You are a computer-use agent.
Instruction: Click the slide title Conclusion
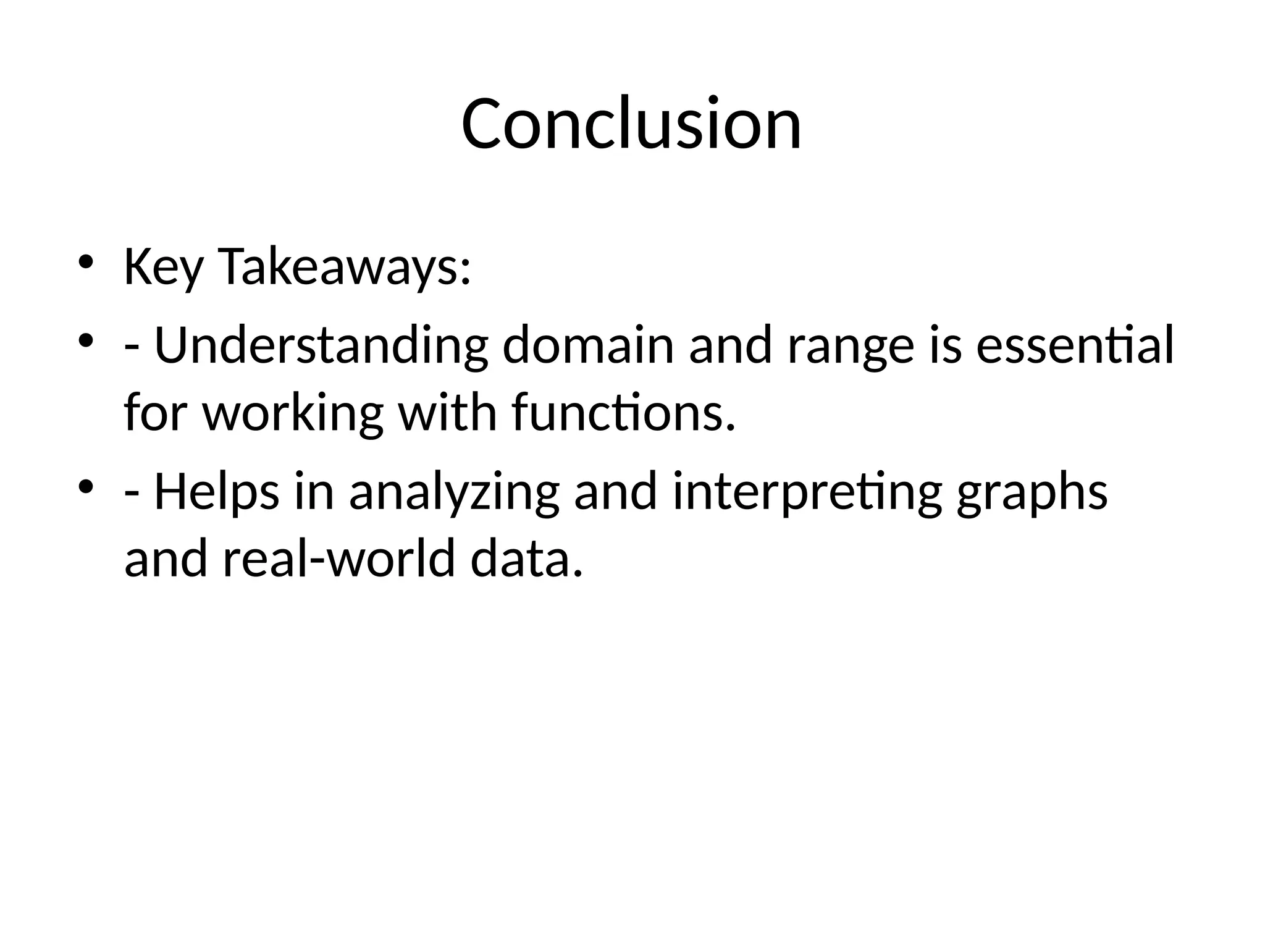pyautogui.click(x=631, y=124)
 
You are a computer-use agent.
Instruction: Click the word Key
pyautogui.click(x=163, y=268)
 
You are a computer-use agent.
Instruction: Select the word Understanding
pyautogui.click(x=321, y=347)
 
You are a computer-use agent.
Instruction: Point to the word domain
pyautogui.click(x=587, y=347)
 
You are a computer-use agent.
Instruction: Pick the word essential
pyautogui.click(x=1075, y=345)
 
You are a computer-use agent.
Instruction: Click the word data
pyautogui.click(x=526, y=559)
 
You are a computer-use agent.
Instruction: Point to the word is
pyautogui.click(x=944, y=345)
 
